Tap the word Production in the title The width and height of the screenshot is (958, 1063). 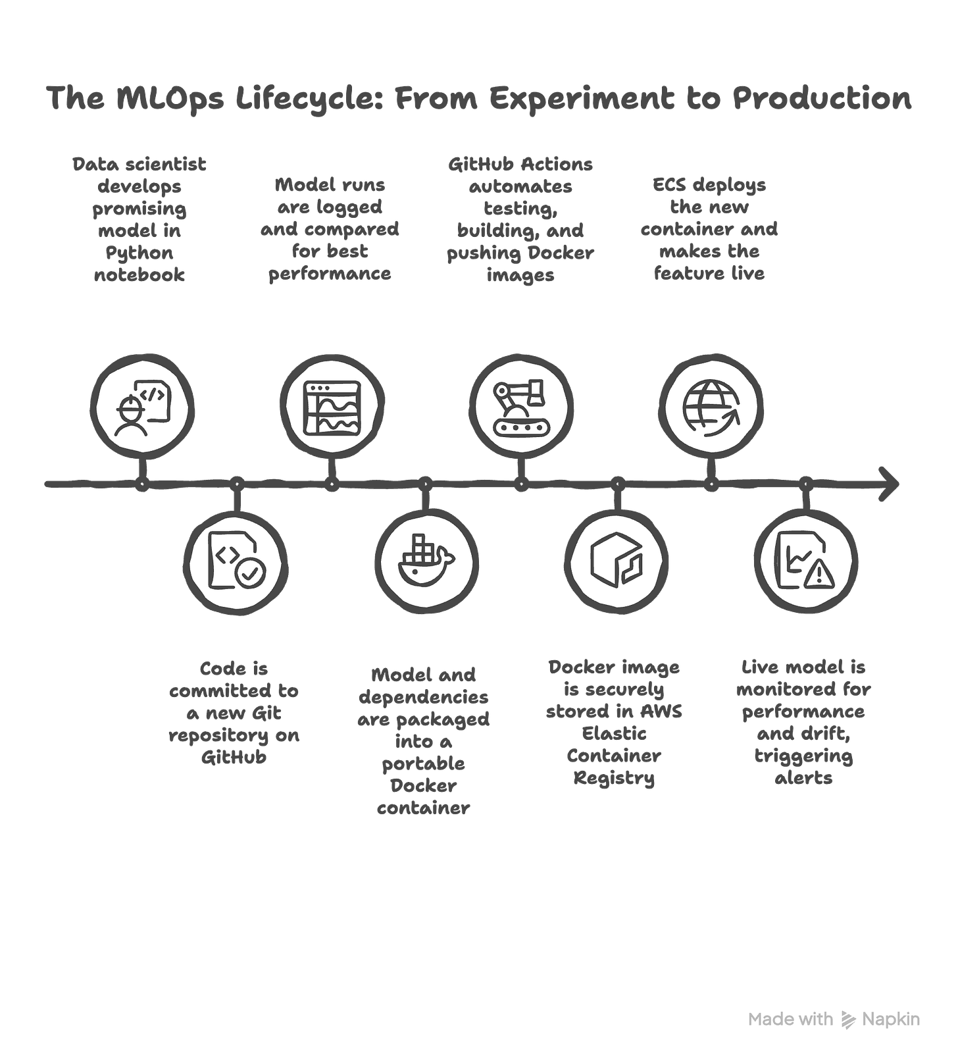click(822, 99)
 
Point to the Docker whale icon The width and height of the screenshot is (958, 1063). click(426, 559)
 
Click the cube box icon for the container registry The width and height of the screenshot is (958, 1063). click(616, 559)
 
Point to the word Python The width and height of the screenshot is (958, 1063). click(139, 253)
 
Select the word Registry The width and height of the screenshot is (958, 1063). click(614, 779)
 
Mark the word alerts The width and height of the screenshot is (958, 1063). click(804, 778)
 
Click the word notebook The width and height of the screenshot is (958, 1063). click(139, 276)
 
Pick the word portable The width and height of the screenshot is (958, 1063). click(424, 764)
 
